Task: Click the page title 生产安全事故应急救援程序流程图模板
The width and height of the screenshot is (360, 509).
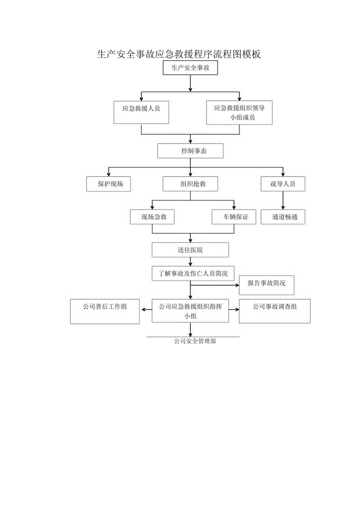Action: [179, 54]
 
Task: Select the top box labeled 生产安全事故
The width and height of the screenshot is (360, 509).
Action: [190, 68]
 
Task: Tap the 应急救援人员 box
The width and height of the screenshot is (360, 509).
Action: [141, 112]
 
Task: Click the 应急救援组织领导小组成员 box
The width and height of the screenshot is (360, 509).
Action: [239, 113]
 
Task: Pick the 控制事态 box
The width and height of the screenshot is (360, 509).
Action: [190, 151]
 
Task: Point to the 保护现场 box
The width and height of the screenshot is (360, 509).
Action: [108, 184]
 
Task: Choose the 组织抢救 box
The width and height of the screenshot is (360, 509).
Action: [190, 184]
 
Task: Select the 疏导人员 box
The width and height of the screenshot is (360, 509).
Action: [283, 184]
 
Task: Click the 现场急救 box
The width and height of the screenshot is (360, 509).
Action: [152, 217]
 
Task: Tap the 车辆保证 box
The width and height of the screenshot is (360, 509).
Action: [234, 217]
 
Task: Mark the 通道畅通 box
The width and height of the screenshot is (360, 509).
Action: [283, 217]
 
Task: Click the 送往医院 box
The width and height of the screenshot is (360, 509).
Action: [190, 250]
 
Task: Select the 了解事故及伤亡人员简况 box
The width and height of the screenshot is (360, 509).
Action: [193, 273]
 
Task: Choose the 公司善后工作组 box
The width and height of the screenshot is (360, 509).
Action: [104, 311]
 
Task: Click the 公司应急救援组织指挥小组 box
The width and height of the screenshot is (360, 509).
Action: [190, 311]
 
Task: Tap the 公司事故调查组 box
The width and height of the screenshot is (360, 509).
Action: [274, 311]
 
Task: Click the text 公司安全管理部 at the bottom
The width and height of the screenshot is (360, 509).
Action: [195, 341]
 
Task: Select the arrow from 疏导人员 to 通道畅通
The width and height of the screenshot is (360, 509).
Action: [283, 201]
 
